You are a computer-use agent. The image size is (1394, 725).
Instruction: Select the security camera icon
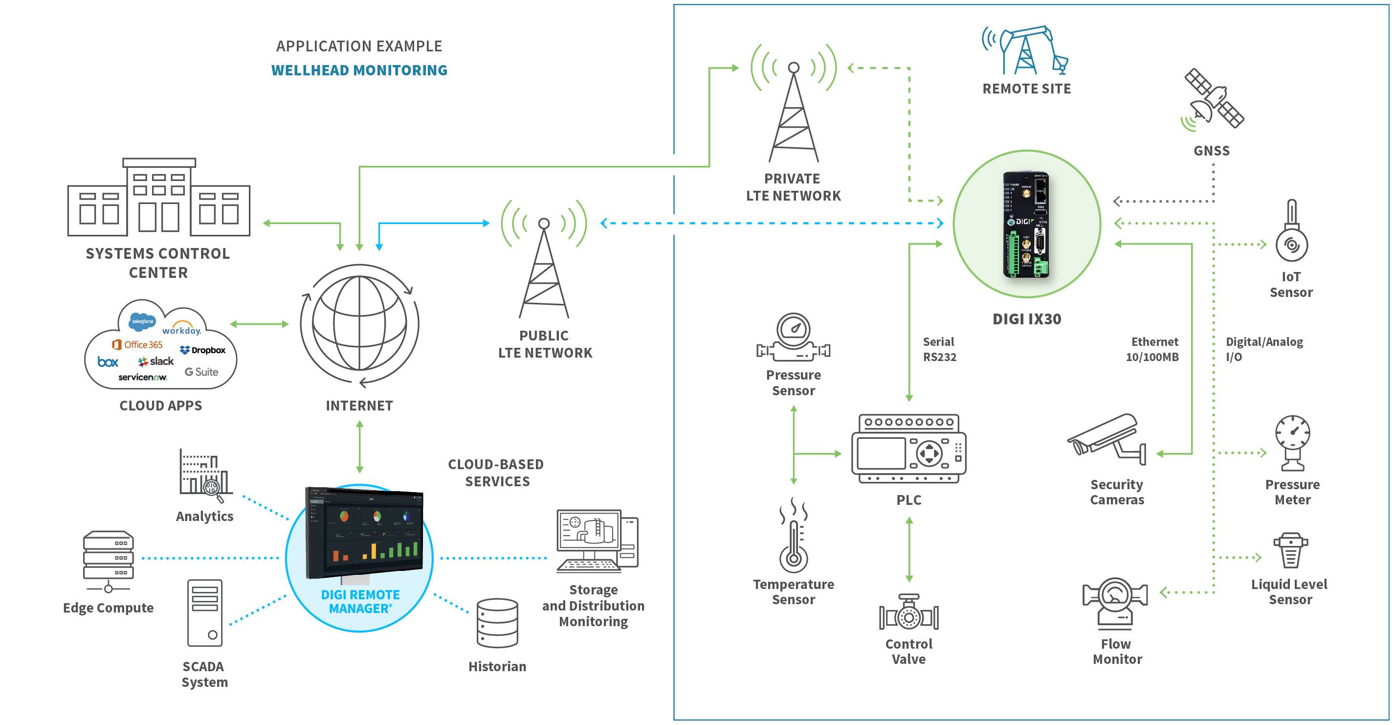pos(1106,439)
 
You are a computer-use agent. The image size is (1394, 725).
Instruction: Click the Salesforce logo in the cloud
pos(142,321)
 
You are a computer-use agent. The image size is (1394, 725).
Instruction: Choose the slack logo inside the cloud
pos(156,361)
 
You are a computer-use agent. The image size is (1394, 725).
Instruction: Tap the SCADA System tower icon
pos(204,613)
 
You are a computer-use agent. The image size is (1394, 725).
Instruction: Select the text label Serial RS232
pos(939,349)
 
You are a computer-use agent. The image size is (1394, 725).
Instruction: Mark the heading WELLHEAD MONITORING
pos(359,70)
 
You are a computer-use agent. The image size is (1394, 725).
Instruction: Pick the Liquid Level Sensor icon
pos(1290,550)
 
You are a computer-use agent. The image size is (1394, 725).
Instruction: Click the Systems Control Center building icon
pos(158,198)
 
